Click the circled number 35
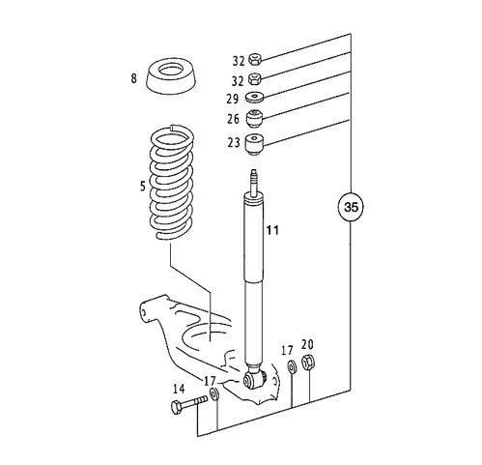coord(352,207)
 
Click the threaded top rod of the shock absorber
coord(255,181)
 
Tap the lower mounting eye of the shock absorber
coord(254,379)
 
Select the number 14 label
coord(178,389)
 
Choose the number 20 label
coord(307,343)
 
